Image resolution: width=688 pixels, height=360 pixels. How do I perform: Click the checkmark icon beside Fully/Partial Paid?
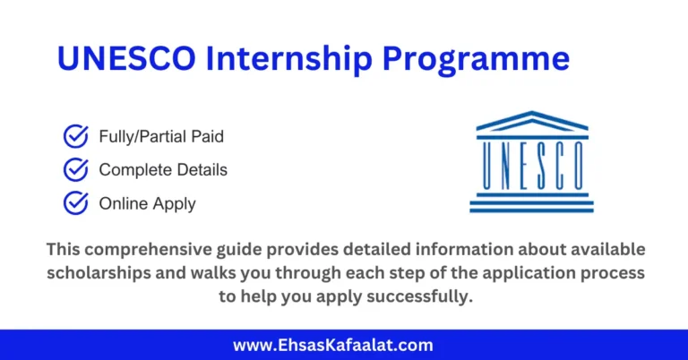coord(75,136)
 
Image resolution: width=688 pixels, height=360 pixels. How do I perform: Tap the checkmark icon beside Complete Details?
coord(75,169)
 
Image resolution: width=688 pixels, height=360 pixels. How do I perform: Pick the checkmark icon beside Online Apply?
coord(75,202)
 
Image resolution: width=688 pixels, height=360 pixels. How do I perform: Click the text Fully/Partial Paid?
coord(161,137)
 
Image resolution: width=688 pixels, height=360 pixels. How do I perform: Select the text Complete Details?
coord(163,170)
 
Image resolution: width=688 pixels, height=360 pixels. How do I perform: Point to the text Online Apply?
coord(147,203)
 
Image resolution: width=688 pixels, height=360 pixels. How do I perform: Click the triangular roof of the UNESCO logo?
coord(531,121)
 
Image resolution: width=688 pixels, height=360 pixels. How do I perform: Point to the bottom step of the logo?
coord(531,209)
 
